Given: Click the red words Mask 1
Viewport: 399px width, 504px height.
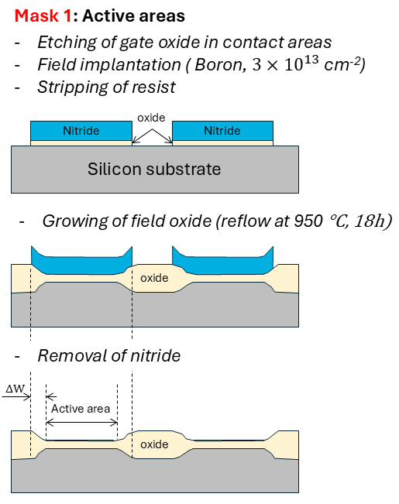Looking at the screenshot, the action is [43, 15].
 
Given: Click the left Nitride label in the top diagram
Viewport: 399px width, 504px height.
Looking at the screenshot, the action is [81, 131].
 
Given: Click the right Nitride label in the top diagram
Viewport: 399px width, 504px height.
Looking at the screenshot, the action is [222, 131].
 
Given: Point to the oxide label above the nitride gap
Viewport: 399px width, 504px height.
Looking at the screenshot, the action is [151, 118].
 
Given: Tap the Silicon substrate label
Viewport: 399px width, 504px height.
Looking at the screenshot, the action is [154, 169].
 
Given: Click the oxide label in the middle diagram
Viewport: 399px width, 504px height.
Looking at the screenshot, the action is [154, 278].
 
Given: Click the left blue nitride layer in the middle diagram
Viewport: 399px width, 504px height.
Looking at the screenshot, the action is [81, 261].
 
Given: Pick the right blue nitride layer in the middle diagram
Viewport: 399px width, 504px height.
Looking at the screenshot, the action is [223, 261].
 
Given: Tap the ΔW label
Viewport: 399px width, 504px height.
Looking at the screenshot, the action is [15, 389].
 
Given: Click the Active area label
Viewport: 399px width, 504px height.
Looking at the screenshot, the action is [81, 409].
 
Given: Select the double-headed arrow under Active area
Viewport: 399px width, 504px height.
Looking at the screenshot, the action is [81, 423].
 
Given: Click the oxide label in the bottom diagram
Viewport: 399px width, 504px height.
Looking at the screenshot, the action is [154, 444].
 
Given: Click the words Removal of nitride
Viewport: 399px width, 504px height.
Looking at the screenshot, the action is [109, 356].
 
